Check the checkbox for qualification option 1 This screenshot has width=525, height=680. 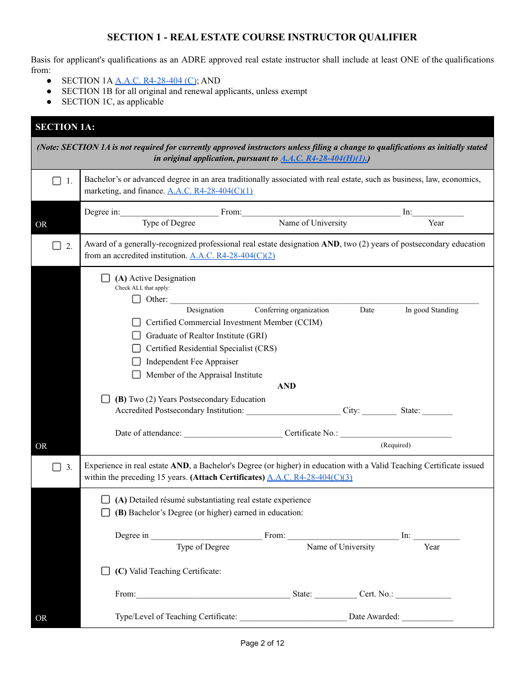(x=56, y=181)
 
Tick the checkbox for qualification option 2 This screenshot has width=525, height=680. (x=56, y=246)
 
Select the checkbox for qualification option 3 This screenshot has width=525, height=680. (x=56, y=467)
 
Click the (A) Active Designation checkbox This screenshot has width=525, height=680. (x=106, y=278)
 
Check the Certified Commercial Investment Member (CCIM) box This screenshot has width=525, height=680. (x=136, y=322)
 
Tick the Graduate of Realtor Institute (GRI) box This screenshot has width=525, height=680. (x=136, y=336)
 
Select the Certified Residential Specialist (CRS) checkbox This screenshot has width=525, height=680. (x=136, y=348)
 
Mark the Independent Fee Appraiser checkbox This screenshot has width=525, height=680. (x=136, y=362)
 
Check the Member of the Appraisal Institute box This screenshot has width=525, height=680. (x=136, y=375)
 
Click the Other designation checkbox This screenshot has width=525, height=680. (x=136, y=299)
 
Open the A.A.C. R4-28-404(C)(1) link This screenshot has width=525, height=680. (x=210, y=191)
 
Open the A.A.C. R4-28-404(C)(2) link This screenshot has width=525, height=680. (x=232, y=255)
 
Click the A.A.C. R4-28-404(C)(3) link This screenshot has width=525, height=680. (x=309, y=477)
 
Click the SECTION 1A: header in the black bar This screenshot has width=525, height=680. (x=65, y=127)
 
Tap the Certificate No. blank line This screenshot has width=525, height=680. (x=396, y=433)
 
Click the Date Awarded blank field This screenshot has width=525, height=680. (x=427, y=617)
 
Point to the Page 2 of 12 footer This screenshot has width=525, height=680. (x=262, y=643)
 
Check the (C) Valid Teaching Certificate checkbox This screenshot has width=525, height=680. (x=106, y=571)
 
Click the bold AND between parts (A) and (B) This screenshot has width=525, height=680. (x=286, y=386)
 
